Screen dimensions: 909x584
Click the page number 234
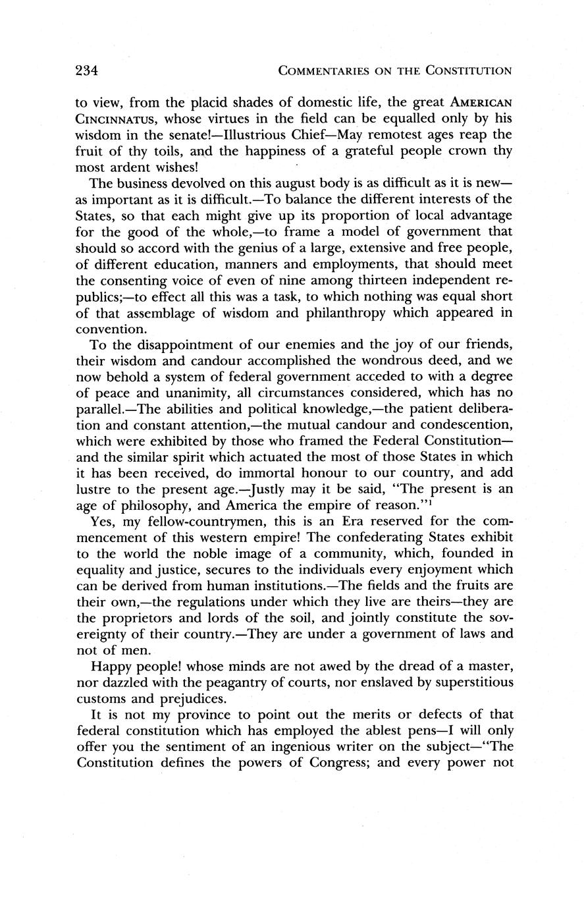pos(86,70)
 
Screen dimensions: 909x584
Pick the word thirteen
pos(353,281)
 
